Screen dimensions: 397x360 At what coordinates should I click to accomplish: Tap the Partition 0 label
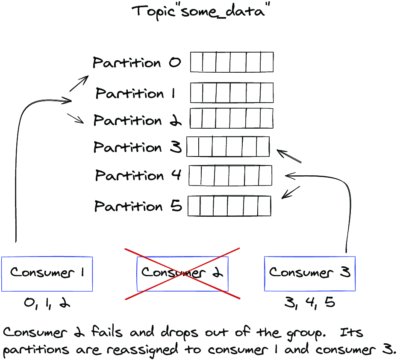click(137, 62)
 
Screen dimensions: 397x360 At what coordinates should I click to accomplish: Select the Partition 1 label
click(135, 93)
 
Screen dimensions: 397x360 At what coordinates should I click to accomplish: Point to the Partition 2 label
click(137, 120)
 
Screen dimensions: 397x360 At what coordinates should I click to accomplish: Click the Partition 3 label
click(138, 147)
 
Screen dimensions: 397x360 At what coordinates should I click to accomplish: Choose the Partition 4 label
click(138, 175)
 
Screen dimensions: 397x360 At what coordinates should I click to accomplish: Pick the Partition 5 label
click(138, 206)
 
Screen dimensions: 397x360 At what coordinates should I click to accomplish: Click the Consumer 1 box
click(47, 274)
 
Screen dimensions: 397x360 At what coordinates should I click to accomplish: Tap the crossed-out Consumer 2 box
click(182, 274)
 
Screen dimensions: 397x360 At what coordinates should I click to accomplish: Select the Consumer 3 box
click(310, 274)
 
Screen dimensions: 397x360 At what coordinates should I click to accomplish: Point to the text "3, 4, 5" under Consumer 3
click(310, 302)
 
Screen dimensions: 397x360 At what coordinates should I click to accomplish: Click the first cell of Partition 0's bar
click(197, 62)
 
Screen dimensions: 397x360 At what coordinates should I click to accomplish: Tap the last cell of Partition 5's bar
click(265, 206)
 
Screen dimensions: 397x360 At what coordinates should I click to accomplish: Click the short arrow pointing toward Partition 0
click(79, 83)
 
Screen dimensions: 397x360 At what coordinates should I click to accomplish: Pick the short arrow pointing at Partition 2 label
click(76, 118)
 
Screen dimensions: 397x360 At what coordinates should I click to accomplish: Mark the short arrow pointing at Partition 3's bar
click(289, 156)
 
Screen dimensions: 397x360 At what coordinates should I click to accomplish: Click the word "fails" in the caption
click(106, 332)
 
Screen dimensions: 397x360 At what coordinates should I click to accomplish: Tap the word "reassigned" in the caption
click(142, 350)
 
